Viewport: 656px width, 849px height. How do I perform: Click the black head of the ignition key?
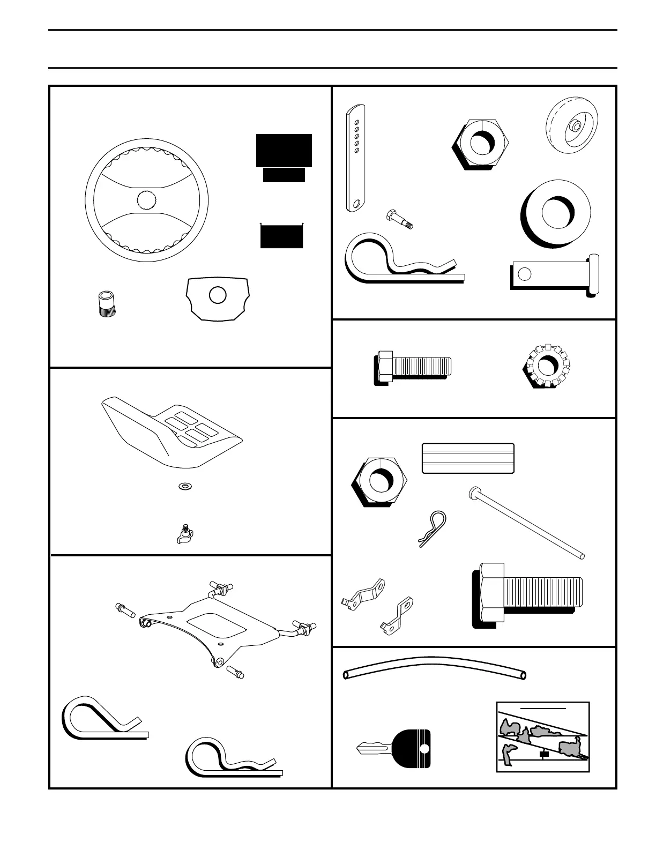[x=412, y=749]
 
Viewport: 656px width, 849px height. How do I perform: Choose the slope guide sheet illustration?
[x=543, y=737]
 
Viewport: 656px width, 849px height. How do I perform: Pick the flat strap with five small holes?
[x=355, y=158]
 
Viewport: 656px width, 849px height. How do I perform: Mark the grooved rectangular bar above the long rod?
[x=468, y=458]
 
